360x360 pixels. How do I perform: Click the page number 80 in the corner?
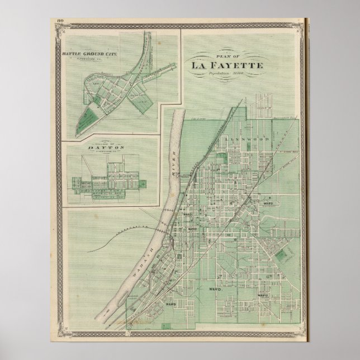pyautogui.click(x=59, y=21)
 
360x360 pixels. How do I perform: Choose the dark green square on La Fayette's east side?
pyautogui.click(x=282, y=255)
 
